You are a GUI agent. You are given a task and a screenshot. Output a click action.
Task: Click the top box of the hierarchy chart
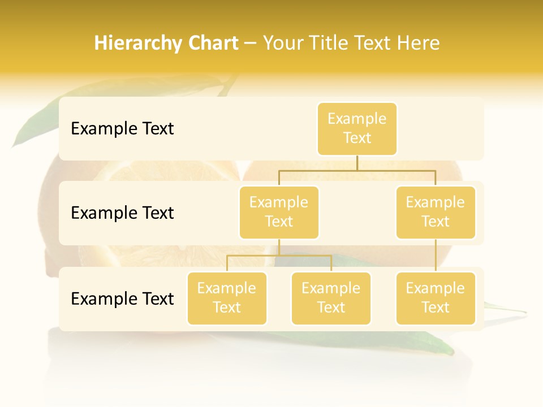(x=357, y=128)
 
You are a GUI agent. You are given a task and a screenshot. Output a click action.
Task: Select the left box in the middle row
(x=279, y=212)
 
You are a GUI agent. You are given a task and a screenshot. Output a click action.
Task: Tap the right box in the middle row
(x=436, y=212)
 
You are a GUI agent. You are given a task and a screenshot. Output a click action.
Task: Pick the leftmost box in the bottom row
(x=227, y=298)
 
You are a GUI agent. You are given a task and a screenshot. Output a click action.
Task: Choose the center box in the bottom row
(x=331, y=298)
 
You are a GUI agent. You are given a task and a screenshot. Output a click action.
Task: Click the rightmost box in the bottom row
(x=436, y=298)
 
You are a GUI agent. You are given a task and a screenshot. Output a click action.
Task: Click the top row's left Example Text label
(x=122, y=129)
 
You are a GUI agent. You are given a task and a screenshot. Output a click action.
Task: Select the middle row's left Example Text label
(x=122, y=213)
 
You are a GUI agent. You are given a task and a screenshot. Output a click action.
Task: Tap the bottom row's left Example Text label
(x=122, y=298)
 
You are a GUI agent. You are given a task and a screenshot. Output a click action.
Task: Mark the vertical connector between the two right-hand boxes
(x=436, y=256)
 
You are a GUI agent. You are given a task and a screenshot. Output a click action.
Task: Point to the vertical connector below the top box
(x=357, y=163)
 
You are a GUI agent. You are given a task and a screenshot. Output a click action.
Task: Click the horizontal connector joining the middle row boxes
(x=357, y=170)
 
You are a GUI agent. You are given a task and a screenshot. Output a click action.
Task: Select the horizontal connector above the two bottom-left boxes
(x=279, y=256)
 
